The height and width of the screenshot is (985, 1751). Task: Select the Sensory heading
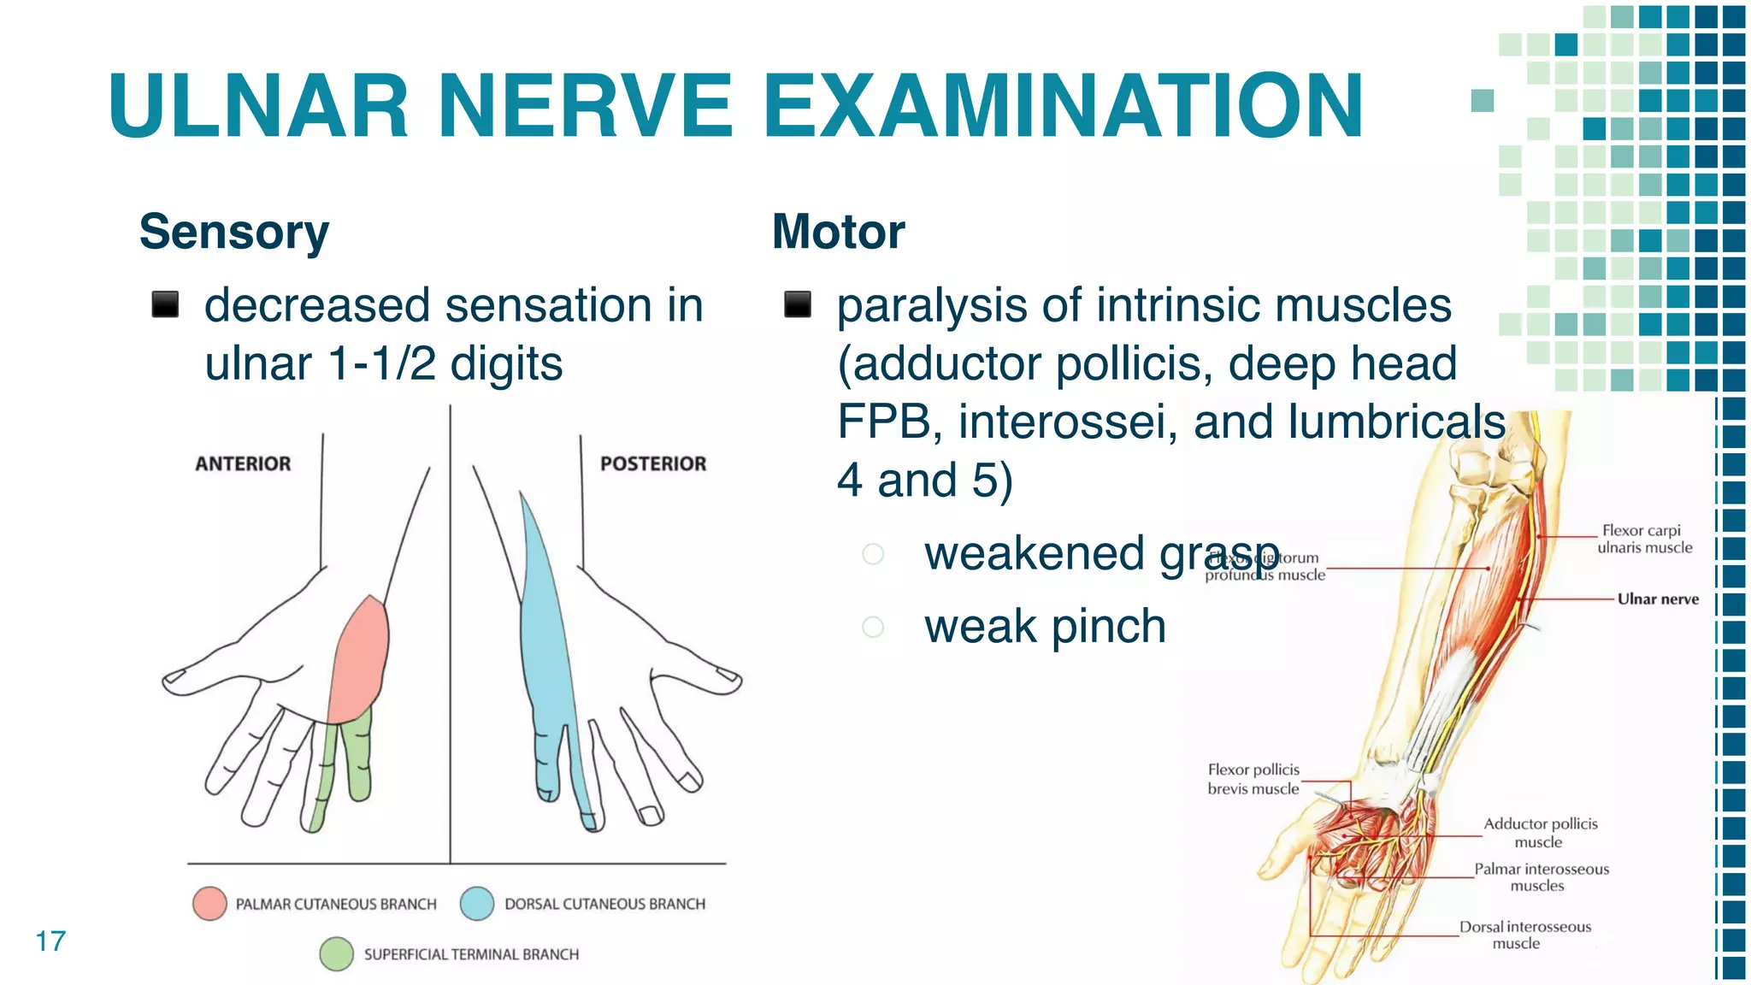click(x=234, y=232)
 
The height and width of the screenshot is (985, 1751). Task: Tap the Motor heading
click(x=838, y=232)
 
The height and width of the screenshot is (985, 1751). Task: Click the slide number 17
click(x=50, y=941)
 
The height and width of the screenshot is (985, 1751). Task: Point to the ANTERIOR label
click(x=243, y=463)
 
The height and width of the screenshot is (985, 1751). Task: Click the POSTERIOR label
click(x=653, y=463)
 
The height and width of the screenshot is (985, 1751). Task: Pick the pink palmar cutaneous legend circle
click(x=209, y=904)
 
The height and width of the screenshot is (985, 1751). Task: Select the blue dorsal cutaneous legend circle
click(x=477, y=904)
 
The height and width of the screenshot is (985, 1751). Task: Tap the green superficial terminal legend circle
click(x=337, y=954)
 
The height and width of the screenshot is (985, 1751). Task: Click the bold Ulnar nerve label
click(x=1658, y=599)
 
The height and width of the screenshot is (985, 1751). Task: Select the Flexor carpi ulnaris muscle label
click(x=1644, y=540)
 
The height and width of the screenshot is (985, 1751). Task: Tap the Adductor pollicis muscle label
click(x=1540, y=833)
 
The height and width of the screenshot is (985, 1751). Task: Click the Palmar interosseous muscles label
click(x=1541, y=877)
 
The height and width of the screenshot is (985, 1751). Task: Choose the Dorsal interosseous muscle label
click(x=1524, y=935)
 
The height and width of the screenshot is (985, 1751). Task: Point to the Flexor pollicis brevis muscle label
click(x=1253, y=779)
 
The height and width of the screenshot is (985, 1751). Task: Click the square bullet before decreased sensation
click(x=165, y=304)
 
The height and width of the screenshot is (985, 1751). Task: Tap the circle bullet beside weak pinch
click(x=873, y=627)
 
